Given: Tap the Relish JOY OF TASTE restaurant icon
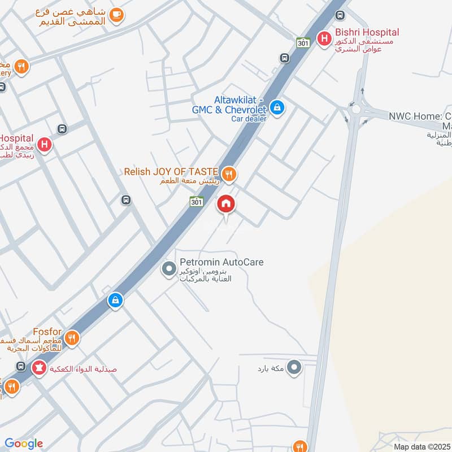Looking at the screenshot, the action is [x=229, y=174].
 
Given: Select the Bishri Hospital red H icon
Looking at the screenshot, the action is [x=324, y=38].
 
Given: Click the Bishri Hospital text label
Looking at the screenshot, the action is [x=367, y=33].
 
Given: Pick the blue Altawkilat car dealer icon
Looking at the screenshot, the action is [x=277, y=106].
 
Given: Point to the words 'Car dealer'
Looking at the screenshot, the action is [x=249, y=119].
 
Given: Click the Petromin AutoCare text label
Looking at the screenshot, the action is [x=221, y=262].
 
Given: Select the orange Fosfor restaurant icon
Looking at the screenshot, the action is [x=72, y=338].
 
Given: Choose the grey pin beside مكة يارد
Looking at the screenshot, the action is [x=294, y=369].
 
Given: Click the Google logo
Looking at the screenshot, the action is [x=24, y=444].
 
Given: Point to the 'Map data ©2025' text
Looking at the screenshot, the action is [x=421, y=447].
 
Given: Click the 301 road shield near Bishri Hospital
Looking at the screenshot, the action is [x=303, y=42].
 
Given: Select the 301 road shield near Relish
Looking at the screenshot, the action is [x=196, y=202].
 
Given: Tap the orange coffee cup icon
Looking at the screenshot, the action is [x=116, y=15].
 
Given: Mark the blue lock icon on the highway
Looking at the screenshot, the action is [x=115, y=300].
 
